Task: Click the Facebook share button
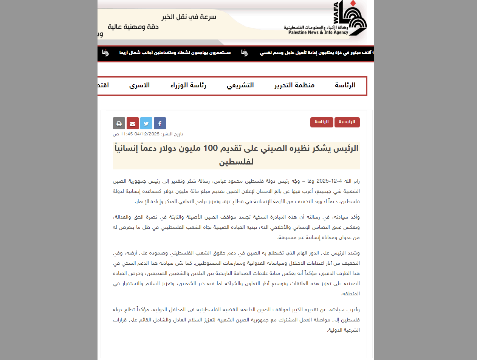point(160,123)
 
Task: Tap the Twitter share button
point(146,123)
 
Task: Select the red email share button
point(133,123)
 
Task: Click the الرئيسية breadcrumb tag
point(347,122)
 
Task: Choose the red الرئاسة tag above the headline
point(322,122)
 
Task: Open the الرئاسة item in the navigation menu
point(345,85)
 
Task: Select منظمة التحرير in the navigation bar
point(294,85)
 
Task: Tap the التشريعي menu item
point(240,85)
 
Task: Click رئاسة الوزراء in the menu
point(188,85)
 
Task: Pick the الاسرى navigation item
point(139,85)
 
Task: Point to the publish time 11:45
point(127,134)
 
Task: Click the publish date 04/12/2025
point(147,134)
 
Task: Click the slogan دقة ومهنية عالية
point(133,27)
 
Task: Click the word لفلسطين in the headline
point(236,162)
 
